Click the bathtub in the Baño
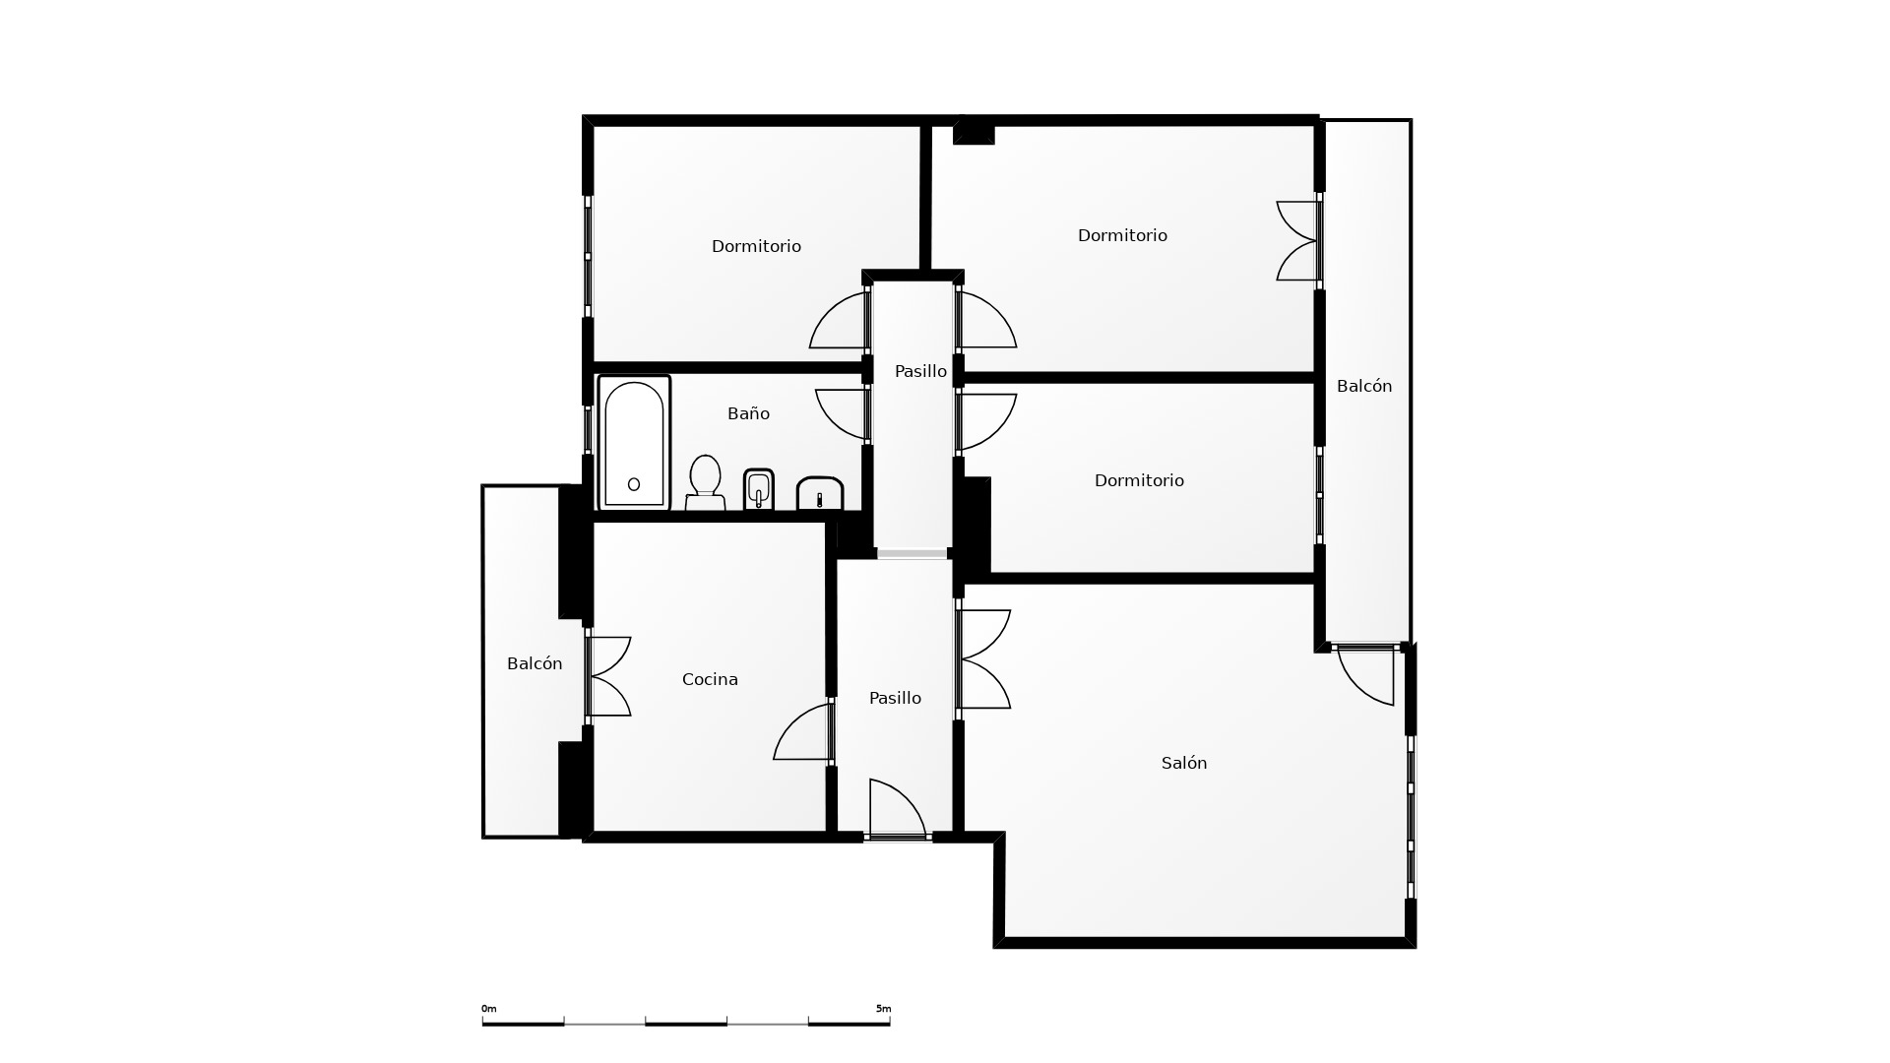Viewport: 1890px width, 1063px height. pos(634,443)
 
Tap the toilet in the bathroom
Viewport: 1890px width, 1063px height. pos(705,483)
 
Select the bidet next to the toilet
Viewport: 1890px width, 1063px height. pos(759,489)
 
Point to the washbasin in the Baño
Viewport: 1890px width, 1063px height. pos(820,494)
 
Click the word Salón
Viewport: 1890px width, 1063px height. pos(1184,763)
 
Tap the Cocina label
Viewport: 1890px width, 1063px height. pos(710,679)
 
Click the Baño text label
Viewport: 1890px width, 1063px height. pos(748,413)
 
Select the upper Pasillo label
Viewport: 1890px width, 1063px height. pos(920,371)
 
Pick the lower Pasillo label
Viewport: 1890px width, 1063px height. pos(895,698)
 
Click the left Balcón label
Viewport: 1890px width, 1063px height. pos(535,663)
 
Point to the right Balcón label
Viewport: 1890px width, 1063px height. pos(1364,386)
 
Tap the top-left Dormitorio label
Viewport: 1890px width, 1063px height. pos(756,246)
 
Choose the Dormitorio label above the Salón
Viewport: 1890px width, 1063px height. pos(1139,480)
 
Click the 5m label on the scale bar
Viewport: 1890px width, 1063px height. pos(883,1009)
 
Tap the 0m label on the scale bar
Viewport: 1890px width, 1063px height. pos(489,1009)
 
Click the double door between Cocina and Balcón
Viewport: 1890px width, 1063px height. pos(608,676)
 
